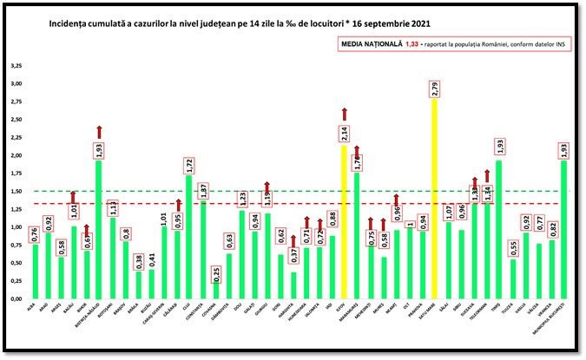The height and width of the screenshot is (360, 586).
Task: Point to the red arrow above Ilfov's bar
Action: pyautogui.click(x=345, y=114)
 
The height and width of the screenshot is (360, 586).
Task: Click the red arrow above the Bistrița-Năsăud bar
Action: pyautogui.click(x=99, y=131)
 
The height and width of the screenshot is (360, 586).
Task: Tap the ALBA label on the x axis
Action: pyautogui.click(x=32, y=306)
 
